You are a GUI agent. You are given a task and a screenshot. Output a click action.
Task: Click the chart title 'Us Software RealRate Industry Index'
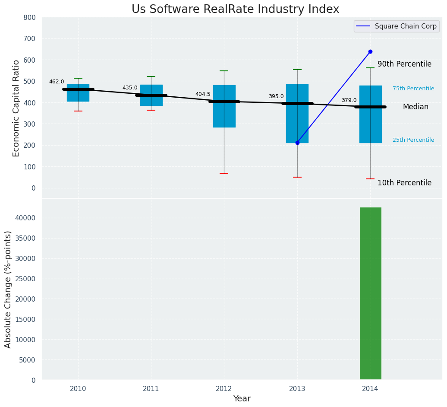(x=235, y=10)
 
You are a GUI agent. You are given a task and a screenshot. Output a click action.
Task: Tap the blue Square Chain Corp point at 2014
(x=370, y=52)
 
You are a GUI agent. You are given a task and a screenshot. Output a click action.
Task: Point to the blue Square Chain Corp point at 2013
(x=297, y=143)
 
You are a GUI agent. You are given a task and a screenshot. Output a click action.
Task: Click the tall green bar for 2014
(x=370, y=294)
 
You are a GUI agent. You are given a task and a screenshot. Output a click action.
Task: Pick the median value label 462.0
(x=57, y=82)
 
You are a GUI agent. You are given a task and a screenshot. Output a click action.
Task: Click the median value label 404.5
(x=203, y=94)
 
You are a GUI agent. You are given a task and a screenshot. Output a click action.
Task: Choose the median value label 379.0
(x=349, y=100)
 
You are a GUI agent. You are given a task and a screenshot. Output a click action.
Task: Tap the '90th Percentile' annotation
(x=404, y=64)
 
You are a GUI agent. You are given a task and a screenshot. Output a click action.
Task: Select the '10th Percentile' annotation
(x=404, y=183)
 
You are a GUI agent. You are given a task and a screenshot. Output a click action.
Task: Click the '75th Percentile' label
(x=413, y=89)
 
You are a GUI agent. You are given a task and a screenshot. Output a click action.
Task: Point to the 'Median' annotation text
(x=416, y=107)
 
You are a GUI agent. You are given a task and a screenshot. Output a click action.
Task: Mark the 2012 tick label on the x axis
(x=224, y=389)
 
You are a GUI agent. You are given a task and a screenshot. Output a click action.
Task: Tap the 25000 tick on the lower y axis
(x=27, y=279)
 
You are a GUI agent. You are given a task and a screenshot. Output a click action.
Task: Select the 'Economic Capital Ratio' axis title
(x=16, y=108)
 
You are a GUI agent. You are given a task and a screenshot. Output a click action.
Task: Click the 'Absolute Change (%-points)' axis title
(x=8, y=289)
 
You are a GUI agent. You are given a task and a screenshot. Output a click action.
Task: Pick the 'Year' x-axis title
(x=242, y=399)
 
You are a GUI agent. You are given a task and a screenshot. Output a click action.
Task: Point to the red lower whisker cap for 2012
(x=224, y=173)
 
